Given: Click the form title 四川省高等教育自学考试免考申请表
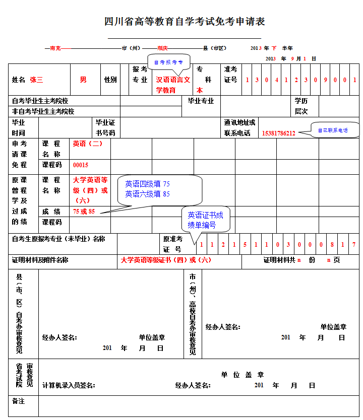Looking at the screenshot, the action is (x=185, y=22).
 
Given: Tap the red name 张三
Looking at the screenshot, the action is (x=36, y=80).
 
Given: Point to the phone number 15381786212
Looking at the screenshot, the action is (x=278, y=133).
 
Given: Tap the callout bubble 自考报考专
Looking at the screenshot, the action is (x=168, y=62).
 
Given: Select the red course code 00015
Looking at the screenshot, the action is (x=81, y=165).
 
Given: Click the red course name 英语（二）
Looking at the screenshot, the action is (x=88, y=144).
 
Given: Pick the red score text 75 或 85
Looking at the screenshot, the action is (x=84, y=212).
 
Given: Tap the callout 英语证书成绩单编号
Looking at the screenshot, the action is (x=205, y=220).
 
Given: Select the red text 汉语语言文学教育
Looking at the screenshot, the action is (x=172, y=85).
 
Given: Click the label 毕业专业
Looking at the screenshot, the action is (x=201, y=101).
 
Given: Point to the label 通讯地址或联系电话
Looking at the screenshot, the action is (x=239, y=128).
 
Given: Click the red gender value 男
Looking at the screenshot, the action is (x=83, y=80).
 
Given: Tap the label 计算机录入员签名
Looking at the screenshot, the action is (x=69, y=386).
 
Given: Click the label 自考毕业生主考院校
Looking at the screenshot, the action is (x=40, y=101).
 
